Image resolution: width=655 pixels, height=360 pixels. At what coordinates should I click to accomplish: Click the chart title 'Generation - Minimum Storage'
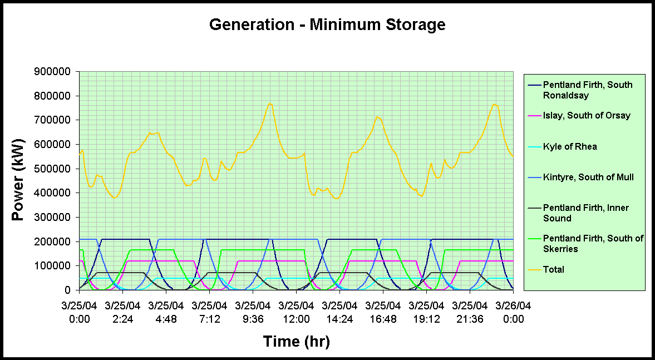327,24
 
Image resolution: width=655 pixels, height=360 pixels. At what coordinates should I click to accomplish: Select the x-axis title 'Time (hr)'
296,341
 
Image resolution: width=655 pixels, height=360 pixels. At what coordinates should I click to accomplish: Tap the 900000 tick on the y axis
53,71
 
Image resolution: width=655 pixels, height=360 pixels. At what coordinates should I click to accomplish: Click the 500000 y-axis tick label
53,169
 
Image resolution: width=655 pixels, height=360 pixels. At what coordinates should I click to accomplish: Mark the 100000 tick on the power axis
53,266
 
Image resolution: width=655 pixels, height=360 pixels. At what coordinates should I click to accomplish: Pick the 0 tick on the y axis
69,290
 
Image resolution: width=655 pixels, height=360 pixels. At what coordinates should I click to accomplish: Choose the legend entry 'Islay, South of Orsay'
587,116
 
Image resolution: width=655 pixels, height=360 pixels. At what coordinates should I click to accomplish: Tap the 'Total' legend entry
554,269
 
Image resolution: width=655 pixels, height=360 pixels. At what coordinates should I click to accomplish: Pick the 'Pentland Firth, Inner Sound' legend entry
585,213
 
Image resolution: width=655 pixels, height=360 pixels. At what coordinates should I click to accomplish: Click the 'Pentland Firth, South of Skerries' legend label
593,243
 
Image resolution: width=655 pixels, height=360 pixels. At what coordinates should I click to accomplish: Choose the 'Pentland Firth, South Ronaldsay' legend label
587,90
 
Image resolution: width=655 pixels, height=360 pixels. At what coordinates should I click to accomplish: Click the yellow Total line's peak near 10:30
270,103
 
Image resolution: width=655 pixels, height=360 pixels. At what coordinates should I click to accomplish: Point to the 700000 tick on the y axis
53,120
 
